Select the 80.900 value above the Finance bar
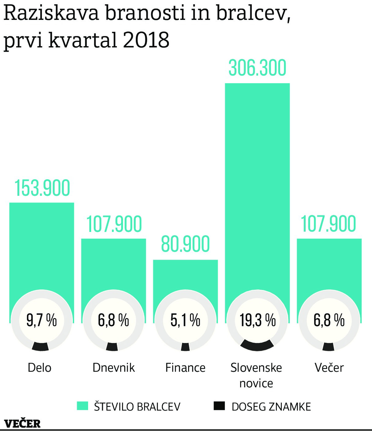185,244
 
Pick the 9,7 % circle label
42,320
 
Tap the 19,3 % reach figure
257,320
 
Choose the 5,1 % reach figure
185,320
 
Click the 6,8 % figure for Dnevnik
113,320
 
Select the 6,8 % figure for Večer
329,320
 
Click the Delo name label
39,368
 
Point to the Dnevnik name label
113,368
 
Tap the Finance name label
185,368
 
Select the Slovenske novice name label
256,375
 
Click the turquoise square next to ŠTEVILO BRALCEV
82,406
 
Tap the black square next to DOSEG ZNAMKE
219,406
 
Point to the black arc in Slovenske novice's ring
257,345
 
